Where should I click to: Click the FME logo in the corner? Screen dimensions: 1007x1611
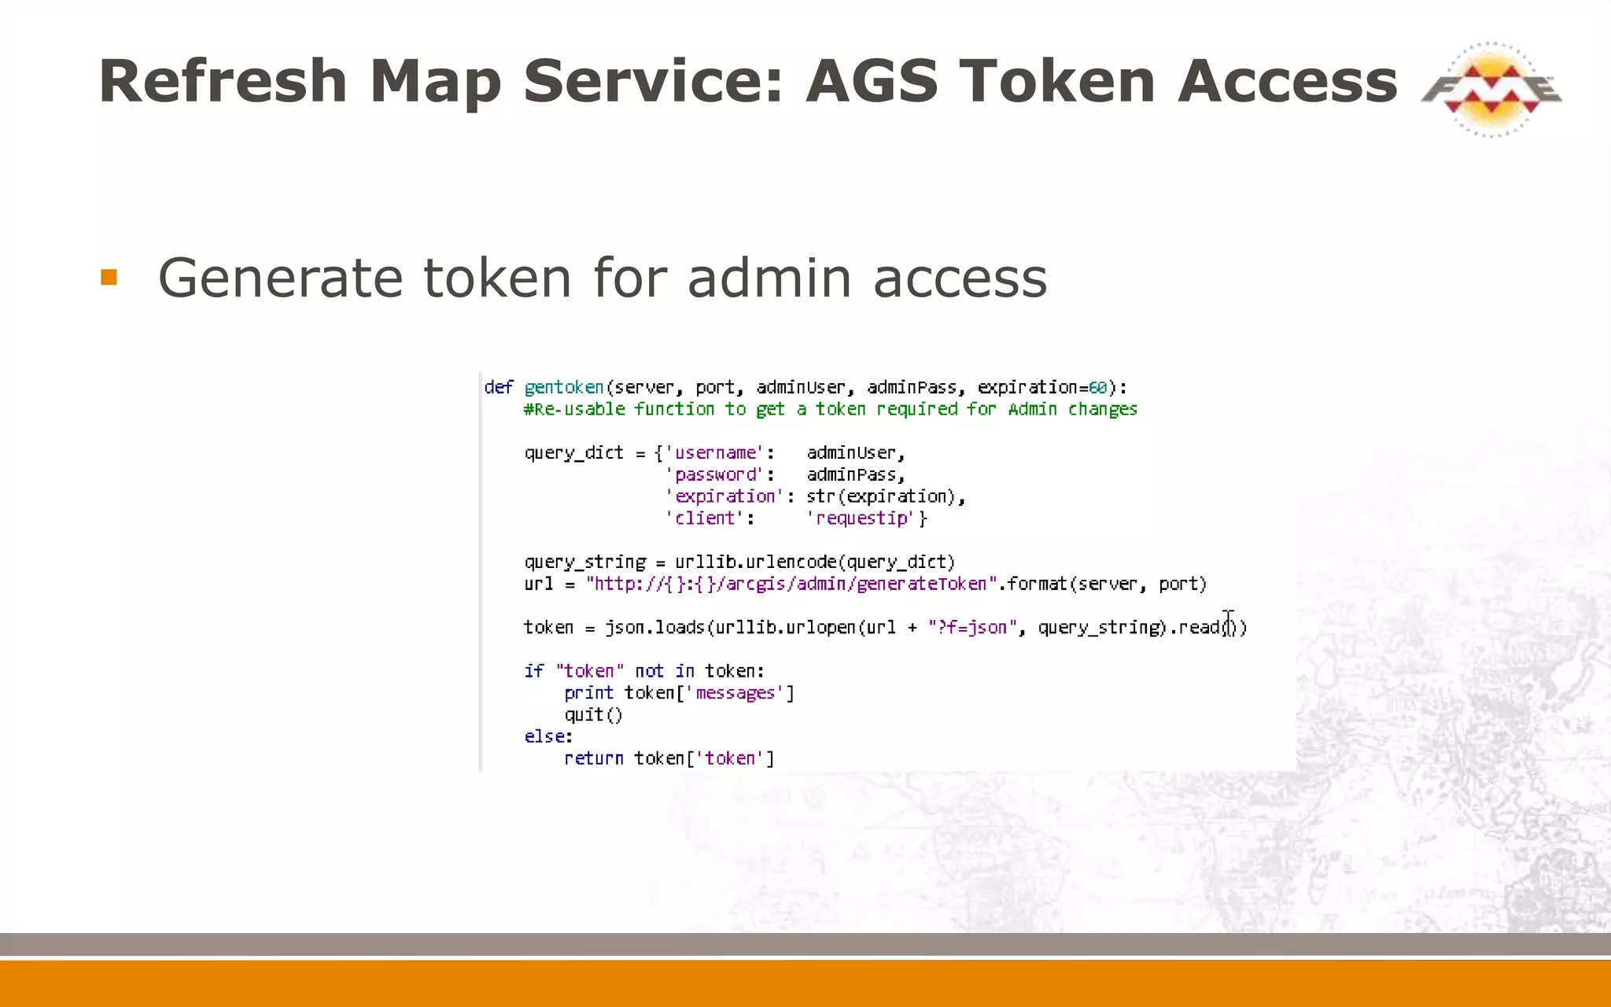click(x=1491, y=89)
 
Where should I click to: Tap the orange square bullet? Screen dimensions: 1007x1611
click(x=109, y=278)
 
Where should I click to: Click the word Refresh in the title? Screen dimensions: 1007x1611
click(x=223, y=81)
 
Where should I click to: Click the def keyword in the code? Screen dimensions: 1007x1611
click(x=499, y=388)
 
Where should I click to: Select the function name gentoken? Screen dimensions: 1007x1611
click(x=564, y=388)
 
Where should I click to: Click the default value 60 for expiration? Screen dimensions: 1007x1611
click(x=1097, y=388)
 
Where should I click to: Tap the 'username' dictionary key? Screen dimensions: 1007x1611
click(x=715, y=453)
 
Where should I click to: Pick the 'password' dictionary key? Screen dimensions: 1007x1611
click(x=715, y=475)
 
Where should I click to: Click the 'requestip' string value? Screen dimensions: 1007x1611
click(x=863, y=518)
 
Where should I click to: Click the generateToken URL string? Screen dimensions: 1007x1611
click(x=791, y=585)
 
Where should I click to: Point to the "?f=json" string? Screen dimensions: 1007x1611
click(x=972, y=628)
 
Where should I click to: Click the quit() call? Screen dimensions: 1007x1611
click(x=593, y=715)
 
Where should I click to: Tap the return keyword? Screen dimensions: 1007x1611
click(x=594, y=758)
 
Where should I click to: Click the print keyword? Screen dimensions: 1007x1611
click(x=588, y=693)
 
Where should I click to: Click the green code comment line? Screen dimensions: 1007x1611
click(x=831, y=410)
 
